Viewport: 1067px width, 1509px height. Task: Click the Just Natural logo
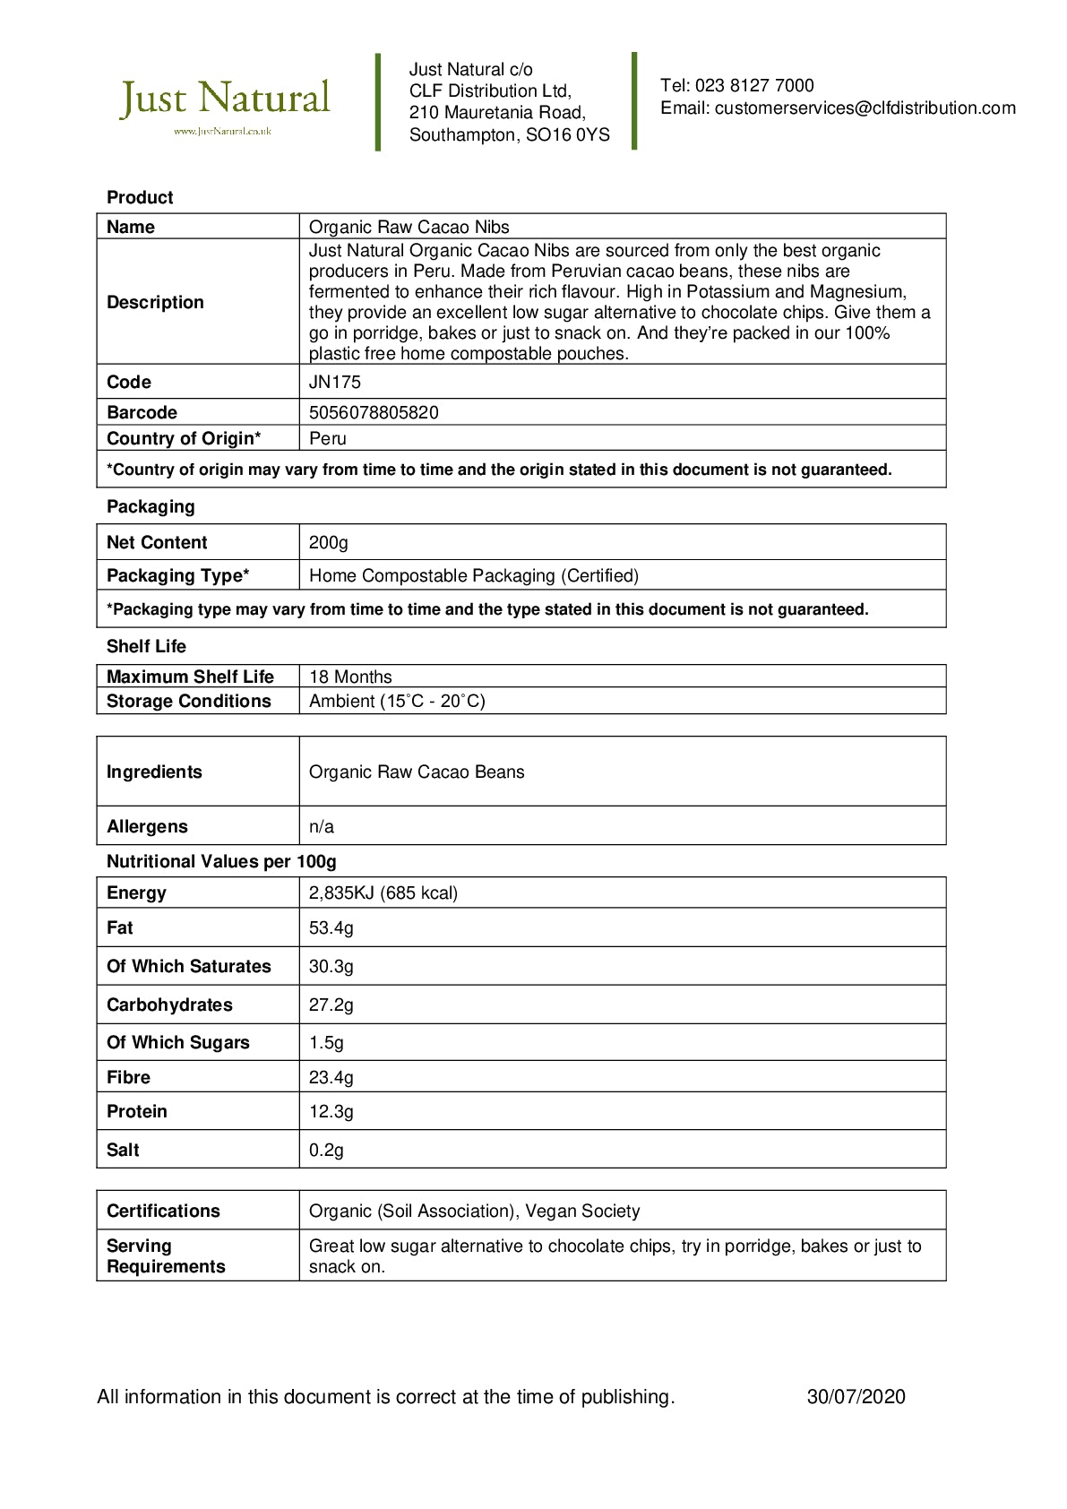click(225, 104)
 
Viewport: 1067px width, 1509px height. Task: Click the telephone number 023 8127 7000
click(754, 86)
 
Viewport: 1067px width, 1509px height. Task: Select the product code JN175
click(335, 383)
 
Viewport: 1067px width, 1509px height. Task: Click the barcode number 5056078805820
click(374, 413)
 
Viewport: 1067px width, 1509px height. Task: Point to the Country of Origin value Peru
click(328, 439)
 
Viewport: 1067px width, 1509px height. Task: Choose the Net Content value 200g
click(329, 543)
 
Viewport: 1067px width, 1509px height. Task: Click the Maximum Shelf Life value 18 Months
click(350, 677)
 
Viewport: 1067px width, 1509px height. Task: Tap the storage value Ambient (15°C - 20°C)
click(397, 702)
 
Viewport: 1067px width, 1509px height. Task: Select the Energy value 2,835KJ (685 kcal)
click(383, 893)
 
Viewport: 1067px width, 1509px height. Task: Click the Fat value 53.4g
click(331, 928)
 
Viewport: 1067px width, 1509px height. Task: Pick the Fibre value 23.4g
click(331, 1078)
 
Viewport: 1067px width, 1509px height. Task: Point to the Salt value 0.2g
click(326, 1151)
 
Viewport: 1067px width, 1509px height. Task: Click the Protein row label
click(137, 1112)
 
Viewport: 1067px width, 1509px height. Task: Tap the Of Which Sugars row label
click(178, 1043)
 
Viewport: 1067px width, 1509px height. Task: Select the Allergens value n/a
click(322, 827)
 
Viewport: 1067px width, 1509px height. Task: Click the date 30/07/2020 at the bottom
click(856, 1397)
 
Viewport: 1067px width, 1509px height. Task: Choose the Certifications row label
click(163, 1212)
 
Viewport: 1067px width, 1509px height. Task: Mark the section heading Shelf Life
click(146, 647)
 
